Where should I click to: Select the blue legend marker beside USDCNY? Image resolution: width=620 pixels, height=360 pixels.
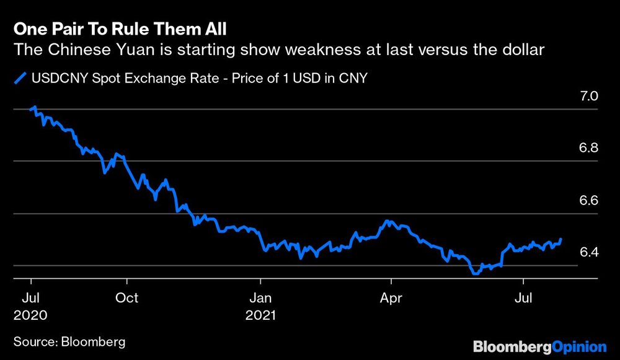pos(20,78)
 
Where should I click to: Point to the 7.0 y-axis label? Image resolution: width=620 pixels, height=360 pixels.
pos(588,97)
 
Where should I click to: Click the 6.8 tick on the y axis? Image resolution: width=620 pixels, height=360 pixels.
pos(588,149)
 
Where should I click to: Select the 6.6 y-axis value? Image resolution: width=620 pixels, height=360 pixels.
pos(588,201)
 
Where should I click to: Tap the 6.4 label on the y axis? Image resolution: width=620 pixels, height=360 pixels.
pos(588,252)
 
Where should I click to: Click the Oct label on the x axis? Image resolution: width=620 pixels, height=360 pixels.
pos(127,298)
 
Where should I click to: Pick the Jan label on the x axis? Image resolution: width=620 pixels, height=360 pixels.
pos(260,298)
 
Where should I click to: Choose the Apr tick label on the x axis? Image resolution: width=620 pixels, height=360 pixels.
pos(391,298)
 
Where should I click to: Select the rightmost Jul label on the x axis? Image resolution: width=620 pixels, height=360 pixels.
pos(525,298)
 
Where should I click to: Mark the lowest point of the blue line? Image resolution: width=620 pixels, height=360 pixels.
pos(476,273)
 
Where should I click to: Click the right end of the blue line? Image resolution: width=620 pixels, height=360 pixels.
pos(561,239)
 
